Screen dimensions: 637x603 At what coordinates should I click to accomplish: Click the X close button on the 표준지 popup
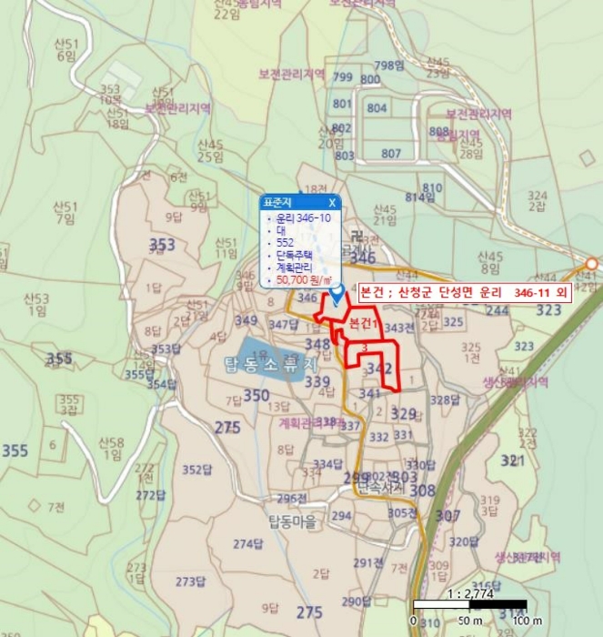pyautogui.click(x=332, y=202)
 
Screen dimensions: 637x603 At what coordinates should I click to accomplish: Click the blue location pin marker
pyautogui.click(x=337, y=294)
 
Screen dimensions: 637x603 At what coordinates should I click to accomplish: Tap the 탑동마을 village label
pyautogui.click(x=291, y=521)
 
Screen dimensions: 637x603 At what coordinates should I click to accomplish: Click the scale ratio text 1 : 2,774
pyautogui.click(x=470, y=592)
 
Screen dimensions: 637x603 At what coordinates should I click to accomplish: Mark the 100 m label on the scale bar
pyautogui.click(x=519, y=621)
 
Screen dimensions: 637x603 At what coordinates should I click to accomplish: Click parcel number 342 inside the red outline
pyautogui.click(x=381, y=369)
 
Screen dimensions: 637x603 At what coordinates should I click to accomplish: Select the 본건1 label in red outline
pyautogui.click(x=363, y=324)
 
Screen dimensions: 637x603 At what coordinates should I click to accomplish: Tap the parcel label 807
pyautogui.click(x=391, y=153)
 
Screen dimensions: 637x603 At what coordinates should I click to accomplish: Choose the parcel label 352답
pyautogui.click(x=196, y=470)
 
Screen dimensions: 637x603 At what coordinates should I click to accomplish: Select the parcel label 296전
pyautogui.click(x=293, y=498)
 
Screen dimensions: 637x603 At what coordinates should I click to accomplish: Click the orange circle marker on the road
pyautogui.click(x=591, y=264)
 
